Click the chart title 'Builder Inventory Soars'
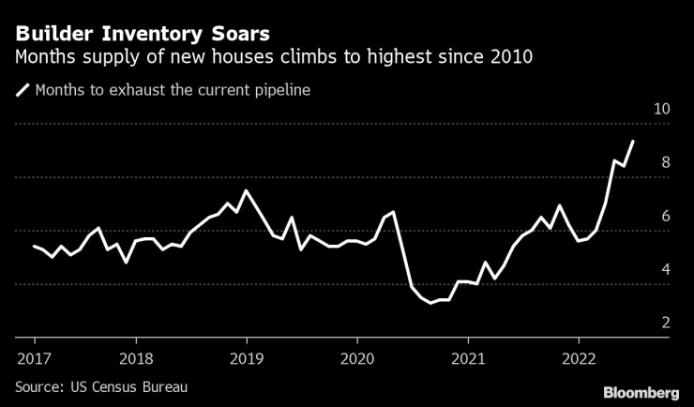click(x=142, y=34)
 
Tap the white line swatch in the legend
click(x=22, y=91)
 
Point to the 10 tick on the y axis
click(x=661, y=109)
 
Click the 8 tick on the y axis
click(x=666, y=162)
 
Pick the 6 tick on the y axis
click(x=666, y=216)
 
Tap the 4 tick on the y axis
click(x=666, y=269)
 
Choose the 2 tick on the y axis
click(x=666, y=323)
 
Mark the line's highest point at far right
click(x=633, y=142)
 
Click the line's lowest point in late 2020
click(x=430, y=303)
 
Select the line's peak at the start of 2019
click(x=246, y=190)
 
